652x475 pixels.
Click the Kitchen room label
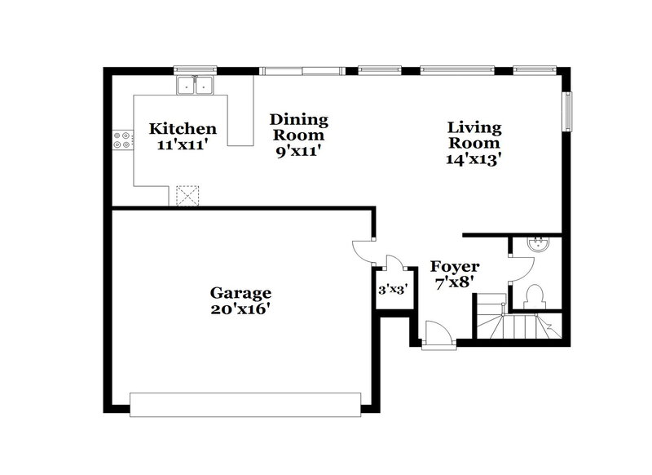[x=183, y=129]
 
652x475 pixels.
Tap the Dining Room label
[x=299, y=127]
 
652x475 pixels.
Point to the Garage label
[x=240, y=293]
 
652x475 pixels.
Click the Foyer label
[x=454, y=267]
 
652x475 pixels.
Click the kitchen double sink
[x=194, y=85]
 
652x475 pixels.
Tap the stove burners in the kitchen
[x=123, y=140]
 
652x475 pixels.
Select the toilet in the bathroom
[x=535, y=295]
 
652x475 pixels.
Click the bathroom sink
[x=537, y=242]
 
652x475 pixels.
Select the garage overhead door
[x=244, y=404]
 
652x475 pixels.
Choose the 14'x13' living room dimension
[x=474, y=159]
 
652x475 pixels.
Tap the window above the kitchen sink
[x=194, y=70]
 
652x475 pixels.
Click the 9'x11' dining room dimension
[x=299, y=151]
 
